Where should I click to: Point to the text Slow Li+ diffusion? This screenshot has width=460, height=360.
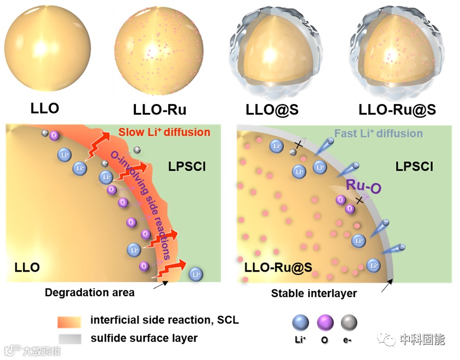(164, 132)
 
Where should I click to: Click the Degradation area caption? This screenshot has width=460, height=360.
(89, 293)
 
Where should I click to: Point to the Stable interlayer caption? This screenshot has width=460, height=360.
(314, 293)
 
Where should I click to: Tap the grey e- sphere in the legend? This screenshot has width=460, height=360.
(349, 323)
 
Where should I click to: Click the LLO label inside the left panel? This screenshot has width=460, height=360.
(27, 267)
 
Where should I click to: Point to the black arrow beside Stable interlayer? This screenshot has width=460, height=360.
(386, 285)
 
